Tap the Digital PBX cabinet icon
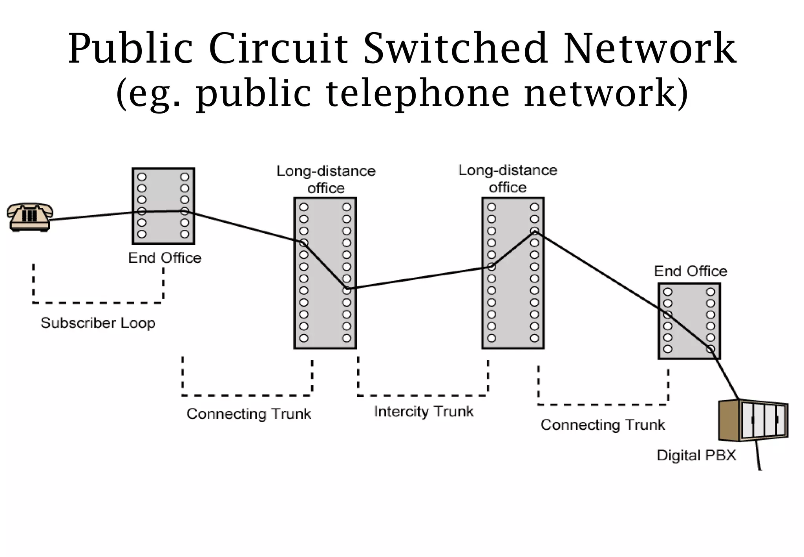point(753,420)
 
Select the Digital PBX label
point(696,455)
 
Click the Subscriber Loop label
point(98,323)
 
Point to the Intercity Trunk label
point(424,411)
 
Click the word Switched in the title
point(455,49)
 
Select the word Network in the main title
point(650,49)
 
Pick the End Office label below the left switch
point(164,258)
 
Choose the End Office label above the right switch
point(690,271)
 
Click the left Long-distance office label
point(326,179)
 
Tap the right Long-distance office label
point(508,178)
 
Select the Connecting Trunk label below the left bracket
point(249,414)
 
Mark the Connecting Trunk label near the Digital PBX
point(603,425)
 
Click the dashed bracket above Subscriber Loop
point(98,302)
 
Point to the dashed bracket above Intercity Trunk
point(423,395)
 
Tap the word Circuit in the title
point(279,49)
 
